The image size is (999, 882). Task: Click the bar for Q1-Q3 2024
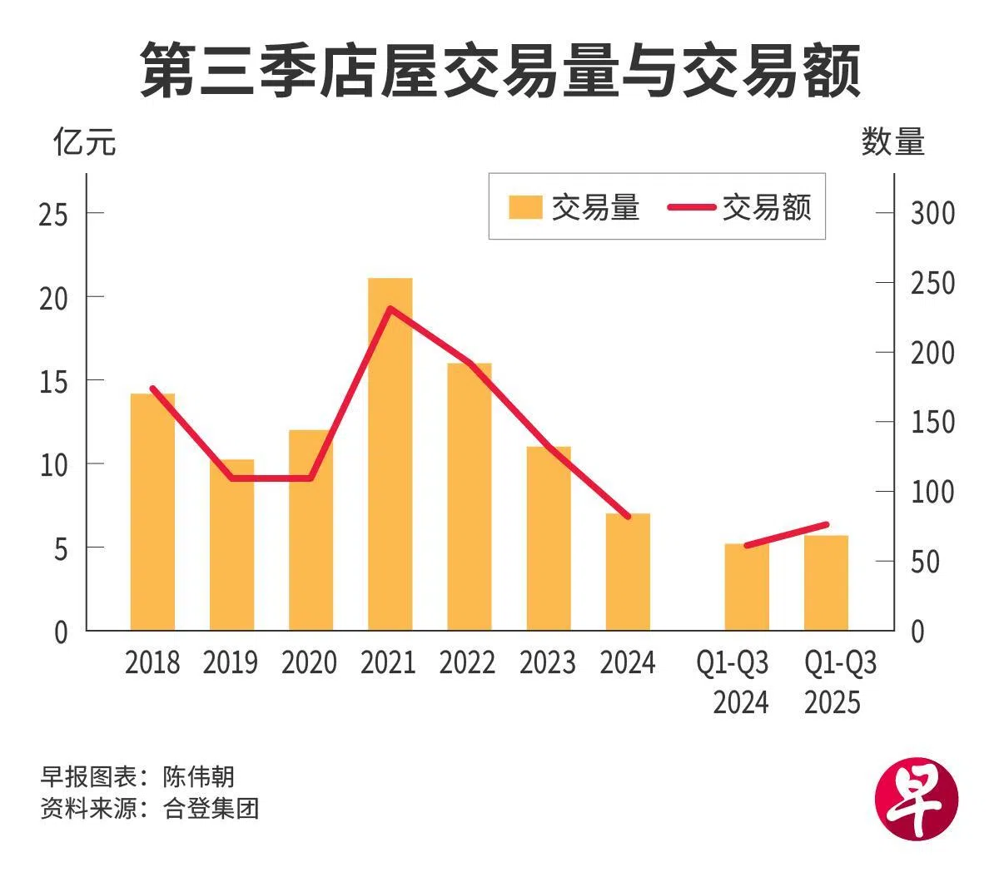pyautogui.click(x=746, y=587)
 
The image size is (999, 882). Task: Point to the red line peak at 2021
pyautogui.click(x=390, y=310)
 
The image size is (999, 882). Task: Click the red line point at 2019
pyautogui.click(x=231, y=478)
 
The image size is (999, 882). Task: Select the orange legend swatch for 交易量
pyautogui.click(x=524, y=207)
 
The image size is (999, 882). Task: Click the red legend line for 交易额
pyautogui.click(x=691, y=207)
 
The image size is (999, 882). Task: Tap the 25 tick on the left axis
pyautogui.click(x=53, y=214)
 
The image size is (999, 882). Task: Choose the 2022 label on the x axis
pyautogui.click(x=467, y=663)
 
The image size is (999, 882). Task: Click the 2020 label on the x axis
pyautogui.click(x=309, y=663)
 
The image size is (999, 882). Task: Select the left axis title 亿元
pyautogui.click(x=84, y=142)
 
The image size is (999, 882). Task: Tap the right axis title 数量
pyautogui.click(x=892, y=142)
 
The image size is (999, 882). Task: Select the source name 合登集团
pyautogui.click(x=211, y=808)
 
